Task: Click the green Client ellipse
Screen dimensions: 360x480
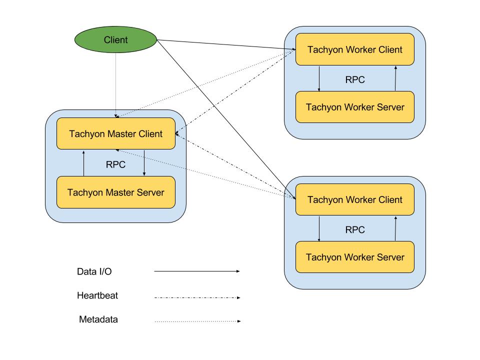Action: tap(116, 39)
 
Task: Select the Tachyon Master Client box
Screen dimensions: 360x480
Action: tap(116, 133)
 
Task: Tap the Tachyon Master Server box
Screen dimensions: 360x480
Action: tap(116, 192)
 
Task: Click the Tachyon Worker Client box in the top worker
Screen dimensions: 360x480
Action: tap(355, 49)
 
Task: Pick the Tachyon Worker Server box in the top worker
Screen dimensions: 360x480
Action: tap(355, 107)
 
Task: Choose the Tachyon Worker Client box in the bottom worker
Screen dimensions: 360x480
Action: tap(355, 199)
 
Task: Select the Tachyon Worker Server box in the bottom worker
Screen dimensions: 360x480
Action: tap(355, 257)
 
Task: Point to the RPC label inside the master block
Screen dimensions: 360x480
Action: tap(116, 164)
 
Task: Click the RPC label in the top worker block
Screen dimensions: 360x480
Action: tap(355, 79)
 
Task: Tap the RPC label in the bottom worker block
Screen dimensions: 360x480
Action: tap(355, 229)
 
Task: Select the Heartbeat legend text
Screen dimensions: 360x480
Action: tap(97, 295)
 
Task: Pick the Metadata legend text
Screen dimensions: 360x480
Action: tap(98, 319)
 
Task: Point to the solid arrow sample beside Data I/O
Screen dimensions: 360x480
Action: tap(197, 271)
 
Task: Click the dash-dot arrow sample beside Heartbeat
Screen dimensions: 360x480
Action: tap(197, 297)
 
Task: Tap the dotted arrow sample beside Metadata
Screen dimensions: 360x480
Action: tap(197, 321)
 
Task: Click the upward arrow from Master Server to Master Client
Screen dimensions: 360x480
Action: tap(83, 163)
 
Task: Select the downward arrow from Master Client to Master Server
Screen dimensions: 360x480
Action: tap(144, 163)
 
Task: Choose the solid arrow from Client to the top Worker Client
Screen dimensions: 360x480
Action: tap(225, 44)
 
